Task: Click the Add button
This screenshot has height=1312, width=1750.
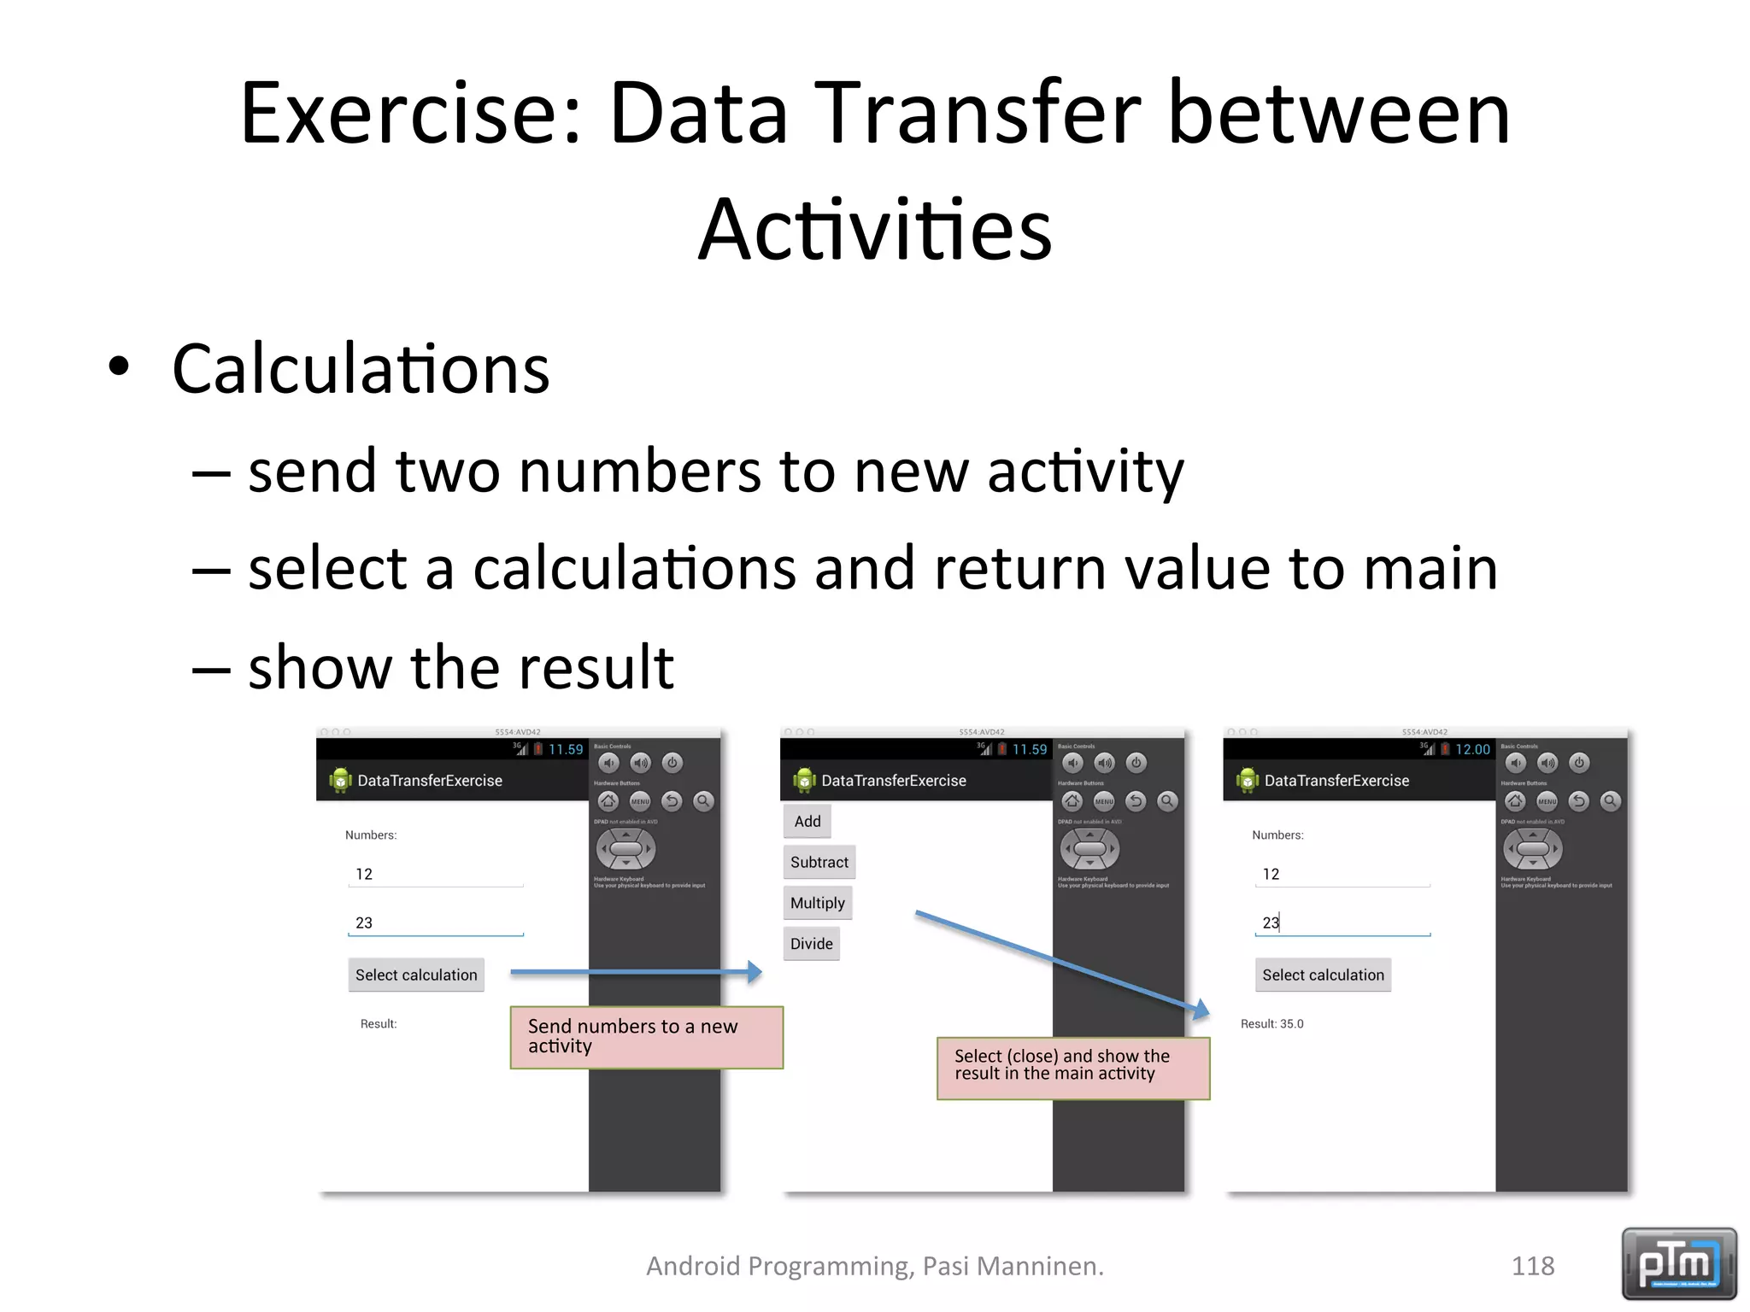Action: pos(807,821)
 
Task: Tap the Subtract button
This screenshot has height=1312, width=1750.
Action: pos(819,862)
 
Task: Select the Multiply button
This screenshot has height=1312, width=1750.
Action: pos(817,903)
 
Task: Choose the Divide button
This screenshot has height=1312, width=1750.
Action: pos(811,944)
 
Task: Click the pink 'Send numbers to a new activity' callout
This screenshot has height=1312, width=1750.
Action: pos(646,1037)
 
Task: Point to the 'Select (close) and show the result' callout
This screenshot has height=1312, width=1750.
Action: pos(1072,1068)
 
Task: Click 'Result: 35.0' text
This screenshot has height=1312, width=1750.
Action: pos(1271,1023)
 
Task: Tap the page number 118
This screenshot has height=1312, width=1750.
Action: pos(1532,1265)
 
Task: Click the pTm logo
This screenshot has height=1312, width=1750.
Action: pos(1678,1263)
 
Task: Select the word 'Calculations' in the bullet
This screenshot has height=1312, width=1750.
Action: pos(361,369)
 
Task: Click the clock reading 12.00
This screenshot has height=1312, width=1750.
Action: pos(1472,749)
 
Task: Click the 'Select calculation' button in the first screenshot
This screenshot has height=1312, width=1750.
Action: pos(416,975)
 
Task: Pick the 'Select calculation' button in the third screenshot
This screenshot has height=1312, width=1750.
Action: pos(1323,975)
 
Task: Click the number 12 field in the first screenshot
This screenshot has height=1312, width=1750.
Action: pos(435,875)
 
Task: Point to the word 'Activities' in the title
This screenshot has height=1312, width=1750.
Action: pos(875,229)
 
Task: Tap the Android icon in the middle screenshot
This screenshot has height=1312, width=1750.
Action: pos(804,780)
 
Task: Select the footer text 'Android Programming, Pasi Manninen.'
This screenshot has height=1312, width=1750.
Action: pos(875,1265)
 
